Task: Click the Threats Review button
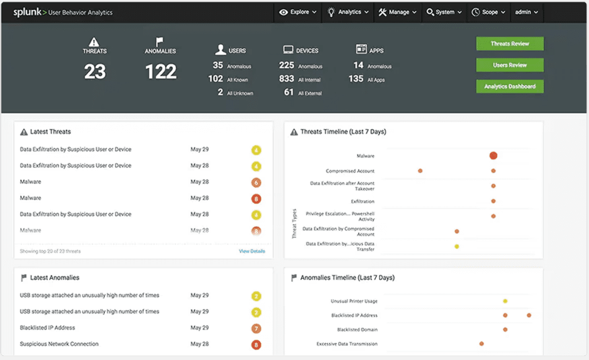point(510,44)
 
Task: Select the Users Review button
point(510,65)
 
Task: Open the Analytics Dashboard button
point(510,86)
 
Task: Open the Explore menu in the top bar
point(295,12)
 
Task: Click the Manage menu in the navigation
point(397,12)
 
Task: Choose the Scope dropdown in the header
point(489,12)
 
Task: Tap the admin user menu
point(526,12)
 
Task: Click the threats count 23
point(95,72)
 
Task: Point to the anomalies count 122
point(161,72)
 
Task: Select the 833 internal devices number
point(286,79)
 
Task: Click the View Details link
point(252,251)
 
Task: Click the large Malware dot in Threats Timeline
point(493,156)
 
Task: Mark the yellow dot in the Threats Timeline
point(457,246)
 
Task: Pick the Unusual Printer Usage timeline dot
point(505,301)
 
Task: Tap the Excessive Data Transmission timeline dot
point(482,344)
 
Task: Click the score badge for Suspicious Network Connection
point(256,345)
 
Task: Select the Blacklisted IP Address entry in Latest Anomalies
point(48,328)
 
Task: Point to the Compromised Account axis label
point(350,171)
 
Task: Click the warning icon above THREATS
point(95,42)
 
